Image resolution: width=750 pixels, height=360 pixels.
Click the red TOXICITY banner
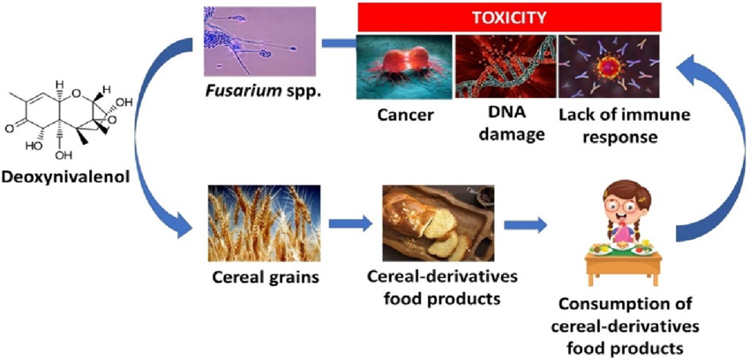510,16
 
